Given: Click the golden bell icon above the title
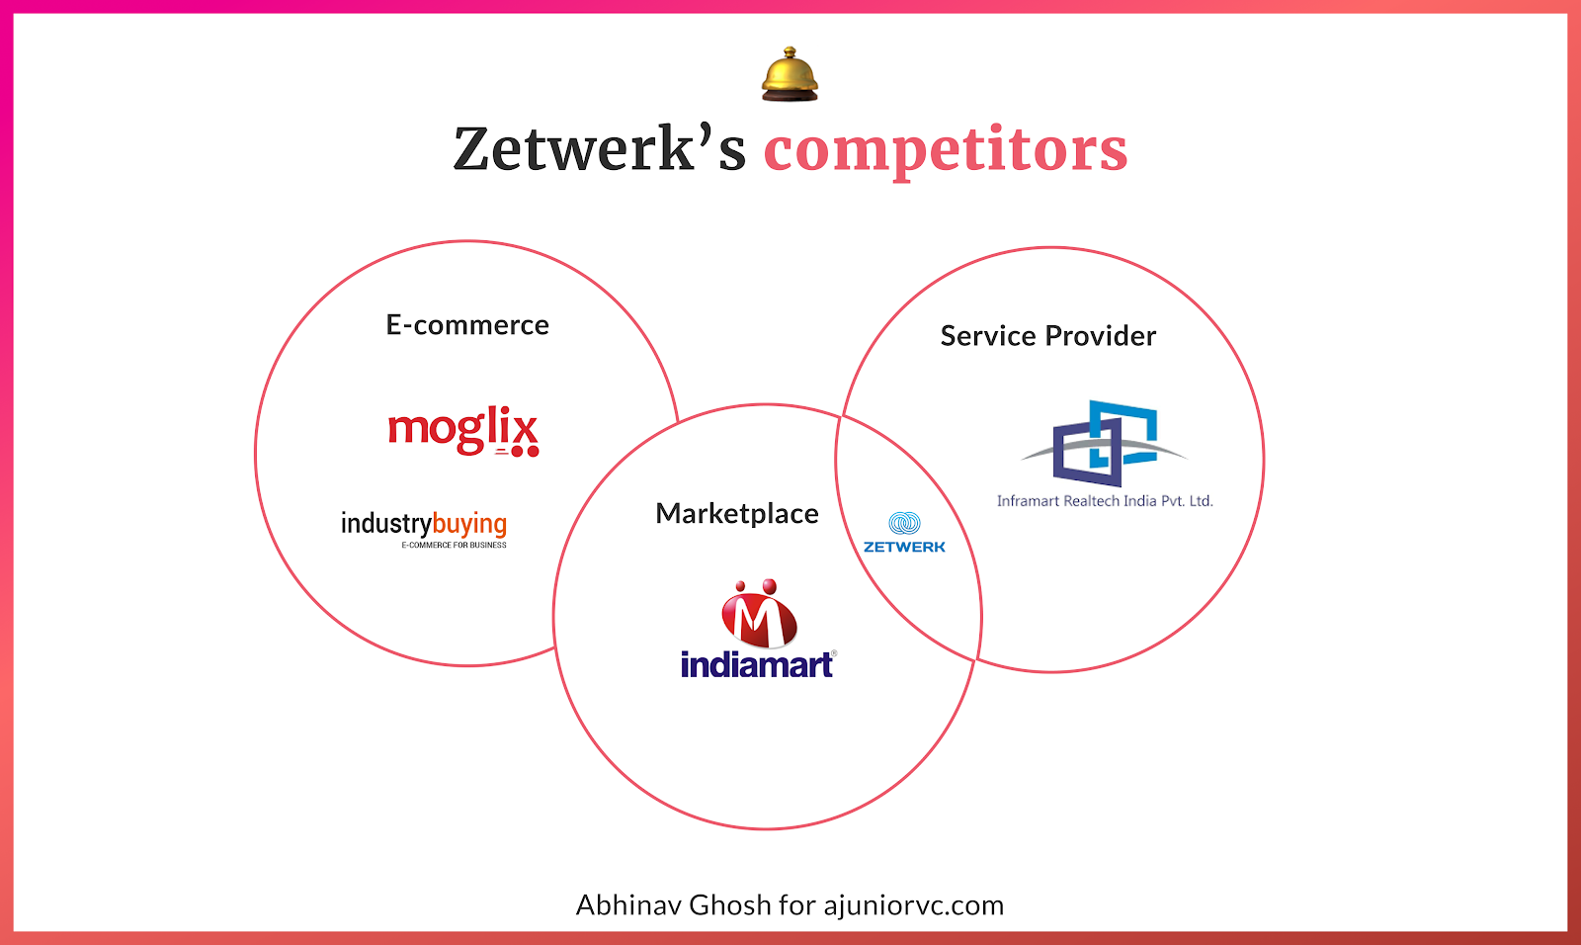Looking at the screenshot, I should click(790, 74).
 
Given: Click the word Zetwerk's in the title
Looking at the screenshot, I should click(599, 149).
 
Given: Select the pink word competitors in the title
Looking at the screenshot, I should click(945, 149).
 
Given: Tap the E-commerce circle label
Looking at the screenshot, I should click(467, 325).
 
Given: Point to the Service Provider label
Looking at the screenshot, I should click(1047, 336).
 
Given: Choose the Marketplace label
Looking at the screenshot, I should click(737, 514).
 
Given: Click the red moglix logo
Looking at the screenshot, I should click(462, 430).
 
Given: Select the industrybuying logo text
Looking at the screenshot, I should click(423, 524).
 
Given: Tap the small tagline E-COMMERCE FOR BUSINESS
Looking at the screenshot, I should click(454, 546).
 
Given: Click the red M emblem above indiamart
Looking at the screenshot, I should click(758, 614).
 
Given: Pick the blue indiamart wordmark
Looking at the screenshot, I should click(757, 664).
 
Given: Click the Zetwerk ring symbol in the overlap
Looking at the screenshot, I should click(904, 523).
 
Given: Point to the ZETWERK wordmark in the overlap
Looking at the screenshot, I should click(904, 547).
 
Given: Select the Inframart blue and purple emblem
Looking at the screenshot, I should click(1105, 442).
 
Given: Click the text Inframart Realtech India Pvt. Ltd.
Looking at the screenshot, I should click(1105, 501).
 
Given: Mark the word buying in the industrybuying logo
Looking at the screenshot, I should click(469, 524).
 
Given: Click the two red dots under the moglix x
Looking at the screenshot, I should click(525, 452).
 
